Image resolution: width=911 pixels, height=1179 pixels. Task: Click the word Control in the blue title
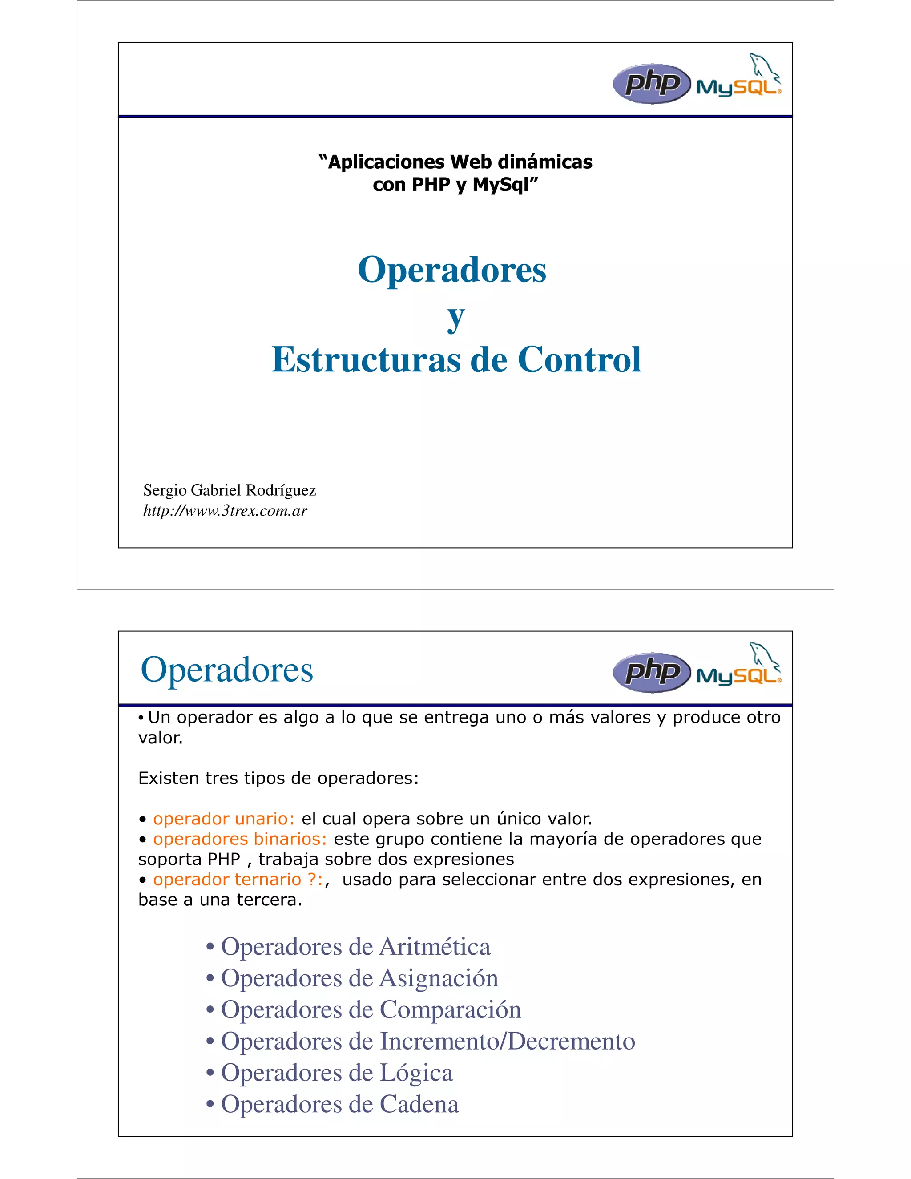tap(579, 359)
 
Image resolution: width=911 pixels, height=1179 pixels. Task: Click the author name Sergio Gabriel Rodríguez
tap(230, 490)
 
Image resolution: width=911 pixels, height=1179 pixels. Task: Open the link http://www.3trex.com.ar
tap(225, 511)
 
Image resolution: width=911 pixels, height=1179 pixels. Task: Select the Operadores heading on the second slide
tap(227, 670)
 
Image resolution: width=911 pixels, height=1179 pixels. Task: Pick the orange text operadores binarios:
tap(240, 839)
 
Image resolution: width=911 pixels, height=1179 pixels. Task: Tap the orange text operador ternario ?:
tap(238, 880)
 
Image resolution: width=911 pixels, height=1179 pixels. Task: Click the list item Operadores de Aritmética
tap(356, 947)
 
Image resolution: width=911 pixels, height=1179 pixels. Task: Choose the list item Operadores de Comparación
tap(371, 1009)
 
